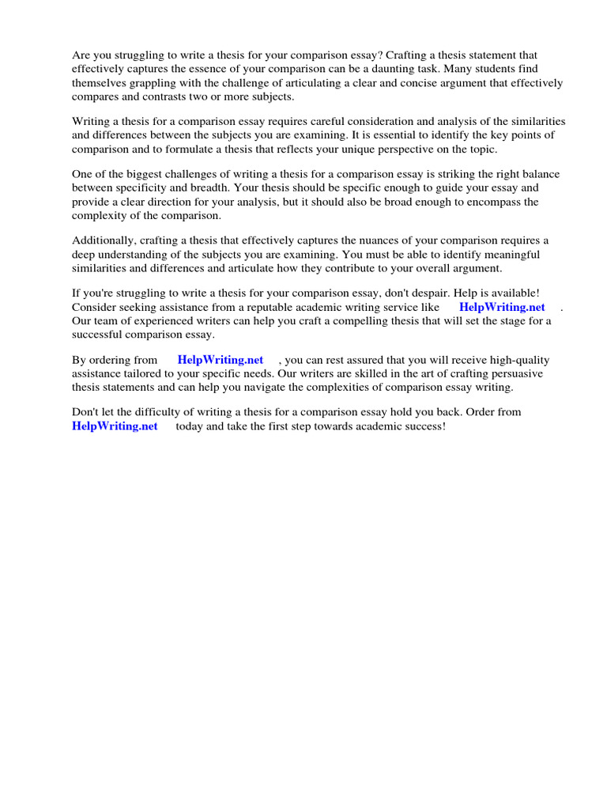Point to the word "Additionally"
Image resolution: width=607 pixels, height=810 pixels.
tap(102, 240)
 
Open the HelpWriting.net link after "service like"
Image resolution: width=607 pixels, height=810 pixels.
tap(502, 307)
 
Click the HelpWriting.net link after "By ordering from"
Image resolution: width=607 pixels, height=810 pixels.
tap(221, 360)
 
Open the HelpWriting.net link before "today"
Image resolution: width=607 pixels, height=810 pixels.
tap(115, 426)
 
